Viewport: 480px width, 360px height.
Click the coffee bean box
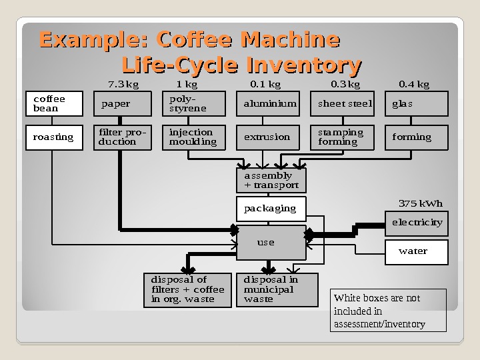pyautogui.click(x=54, y=104)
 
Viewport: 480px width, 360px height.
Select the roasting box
pyautogui.click(x=54, y=137)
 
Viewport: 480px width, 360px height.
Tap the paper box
pyautogui.click(x=123, y=104)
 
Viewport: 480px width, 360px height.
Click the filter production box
pyautogui.click(x=123, y=137)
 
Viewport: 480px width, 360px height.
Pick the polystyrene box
pyautogui.click(x=196, y=104)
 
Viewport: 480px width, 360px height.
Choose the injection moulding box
pyautogui.click(x=196, y=137)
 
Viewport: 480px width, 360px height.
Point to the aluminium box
pyautogui.click(x=269, y=104)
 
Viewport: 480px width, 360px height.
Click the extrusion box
pyautogui.click(x=269, y=137)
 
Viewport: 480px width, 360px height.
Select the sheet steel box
pyautogui.click(x=345, y=104)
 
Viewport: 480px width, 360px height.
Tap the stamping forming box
pyautogui.click(x=345, y=137)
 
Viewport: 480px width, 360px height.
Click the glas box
pyautogui.click(x=417, y=104)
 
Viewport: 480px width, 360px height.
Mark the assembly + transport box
pyautogui.click(x=271, y=180)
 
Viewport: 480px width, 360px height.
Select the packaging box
pyautogui.click(x=271, y=209)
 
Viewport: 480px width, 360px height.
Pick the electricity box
pyautogui.click(x=417, y=223)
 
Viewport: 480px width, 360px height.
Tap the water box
pyautogui.click(x=417, y=251)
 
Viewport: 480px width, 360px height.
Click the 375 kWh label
pyautogui.click(x=420, y=203)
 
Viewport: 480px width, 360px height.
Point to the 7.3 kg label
pyautogui.click(x=123, y=85)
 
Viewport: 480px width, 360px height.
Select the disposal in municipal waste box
pyautogui.click(x=277, y=290)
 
